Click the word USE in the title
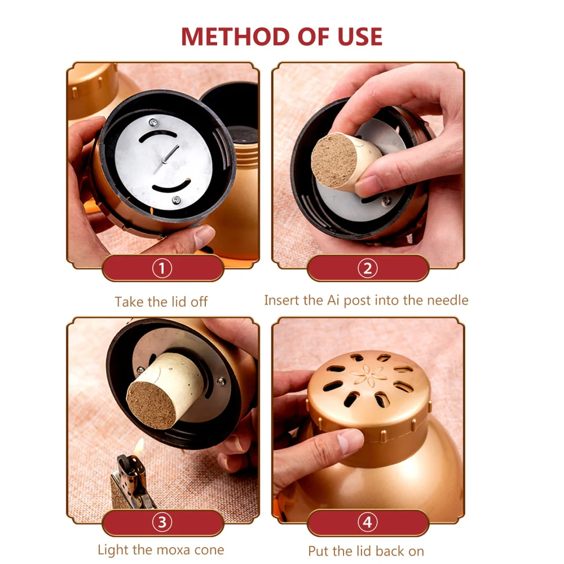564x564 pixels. (x=355, y=37)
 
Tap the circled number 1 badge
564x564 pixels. (x=162, y=268)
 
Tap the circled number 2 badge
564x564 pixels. (x=367, y=268)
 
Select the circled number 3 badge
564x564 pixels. (x=162, y=522)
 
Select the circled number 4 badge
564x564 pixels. (x=367, y=522)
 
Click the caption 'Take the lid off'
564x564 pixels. (x=161, y=302)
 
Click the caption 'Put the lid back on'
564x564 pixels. (x=366, y=551)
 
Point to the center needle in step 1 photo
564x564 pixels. (x=169, y=155)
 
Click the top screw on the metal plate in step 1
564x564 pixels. (x=152, y=122)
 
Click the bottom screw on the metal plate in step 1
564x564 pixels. (x=176, y=200)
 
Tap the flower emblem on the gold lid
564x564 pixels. (x=365, y=373)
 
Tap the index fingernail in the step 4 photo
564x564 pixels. (x=351, y=438)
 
